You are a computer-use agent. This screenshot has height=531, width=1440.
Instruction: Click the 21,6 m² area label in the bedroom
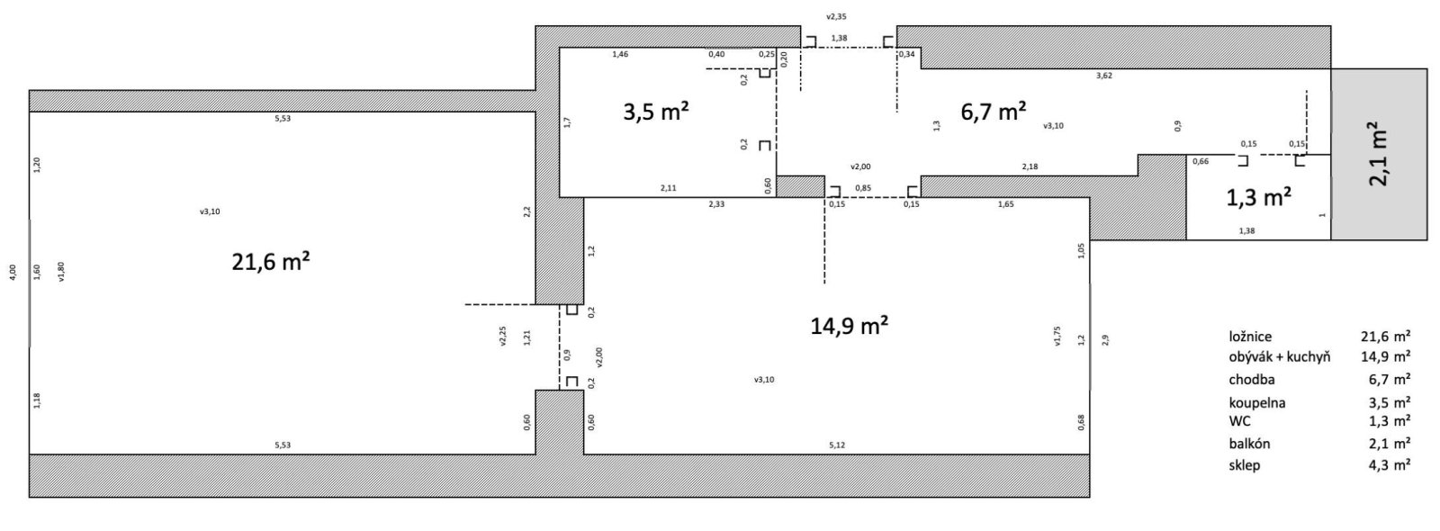coord(271,262)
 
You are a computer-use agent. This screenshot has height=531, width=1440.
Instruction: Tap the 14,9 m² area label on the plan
coord(850,325)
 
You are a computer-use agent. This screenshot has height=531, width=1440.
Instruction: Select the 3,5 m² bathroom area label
coord(656,112)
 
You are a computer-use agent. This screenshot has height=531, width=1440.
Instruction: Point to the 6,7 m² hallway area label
coord(994,112)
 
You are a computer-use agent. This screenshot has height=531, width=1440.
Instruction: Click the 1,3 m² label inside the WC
coord(1259,197)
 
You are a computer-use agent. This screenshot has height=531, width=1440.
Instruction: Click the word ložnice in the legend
coord(1250,337)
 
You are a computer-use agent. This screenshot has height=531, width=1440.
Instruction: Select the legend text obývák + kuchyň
coord(1279,356)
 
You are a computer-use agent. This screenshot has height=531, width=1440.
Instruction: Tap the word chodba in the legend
coord(1252,379)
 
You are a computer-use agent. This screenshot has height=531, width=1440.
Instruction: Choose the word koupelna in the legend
coord(1257,403)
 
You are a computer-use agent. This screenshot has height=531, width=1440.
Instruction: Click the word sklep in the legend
coord(1245,464)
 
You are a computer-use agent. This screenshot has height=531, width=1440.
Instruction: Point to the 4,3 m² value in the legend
coord(1390,464)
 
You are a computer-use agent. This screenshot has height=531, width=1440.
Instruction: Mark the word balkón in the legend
coord(1250,444)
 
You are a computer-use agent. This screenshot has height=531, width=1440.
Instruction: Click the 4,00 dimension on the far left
coord(13,272)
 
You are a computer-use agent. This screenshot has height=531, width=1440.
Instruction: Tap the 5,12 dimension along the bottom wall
coord(837,445)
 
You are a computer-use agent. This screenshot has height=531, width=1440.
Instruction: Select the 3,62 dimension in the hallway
coord(1103,76)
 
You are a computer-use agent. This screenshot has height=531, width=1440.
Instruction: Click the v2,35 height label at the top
coord(836,17)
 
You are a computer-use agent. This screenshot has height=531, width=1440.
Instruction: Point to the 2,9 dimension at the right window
coord(1105,339)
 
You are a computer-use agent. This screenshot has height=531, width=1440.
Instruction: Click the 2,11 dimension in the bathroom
coord(668,188)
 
